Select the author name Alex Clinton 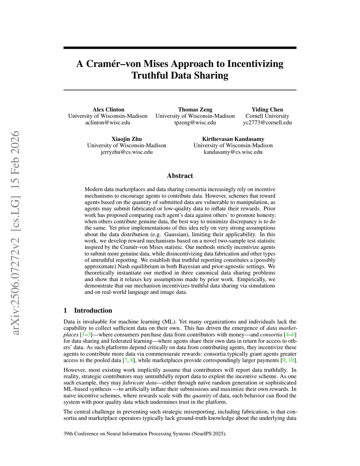[108, 109]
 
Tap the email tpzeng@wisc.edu [195, 122]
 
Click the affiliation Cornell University [267, 116]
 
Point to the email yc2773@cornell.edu [267, 122]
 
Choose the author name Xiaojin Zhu [127, 139]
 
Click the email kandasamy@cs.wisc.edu [233, 152]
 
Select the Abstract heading [180, 176]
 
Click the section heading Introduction [93, 310]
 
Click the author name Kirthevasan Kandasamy [233, 139]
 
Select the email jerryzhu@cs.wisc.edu [127, 152]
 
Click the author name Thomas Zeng [195, 109]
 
